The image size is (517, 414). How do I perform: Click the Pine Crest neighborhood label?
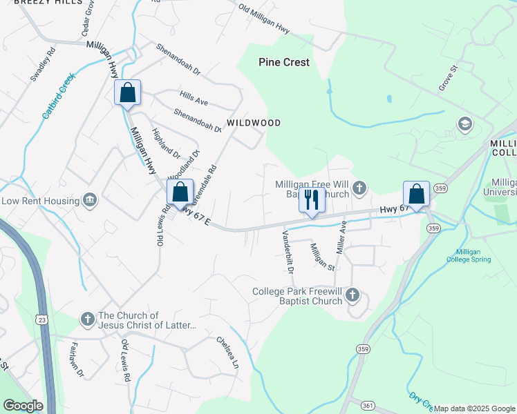(x=284, y=62)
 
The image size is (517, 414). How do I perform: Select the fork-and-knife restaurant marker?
(x=311, y=200)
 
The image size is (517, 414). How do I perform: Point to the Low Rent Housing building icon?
(x=90, y=200)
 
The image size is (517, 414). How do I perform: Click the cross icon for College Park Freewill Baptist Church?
(x=352, y=296)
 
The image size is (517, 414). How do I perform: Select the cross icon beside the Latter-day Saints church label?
(x=87, y=319)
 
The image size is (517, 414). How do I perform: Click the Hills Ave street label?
(x=194, y=101)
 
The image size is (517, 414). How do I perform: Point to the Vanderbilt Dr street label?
(x=287, y=251)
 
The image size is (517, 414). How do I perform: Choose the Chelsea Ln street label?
(x=227, y=352)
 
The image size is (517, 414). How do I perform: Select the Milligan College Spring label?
(x=473, y=255)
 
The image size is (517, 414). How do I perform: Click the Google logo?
(x=23, y=406)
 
